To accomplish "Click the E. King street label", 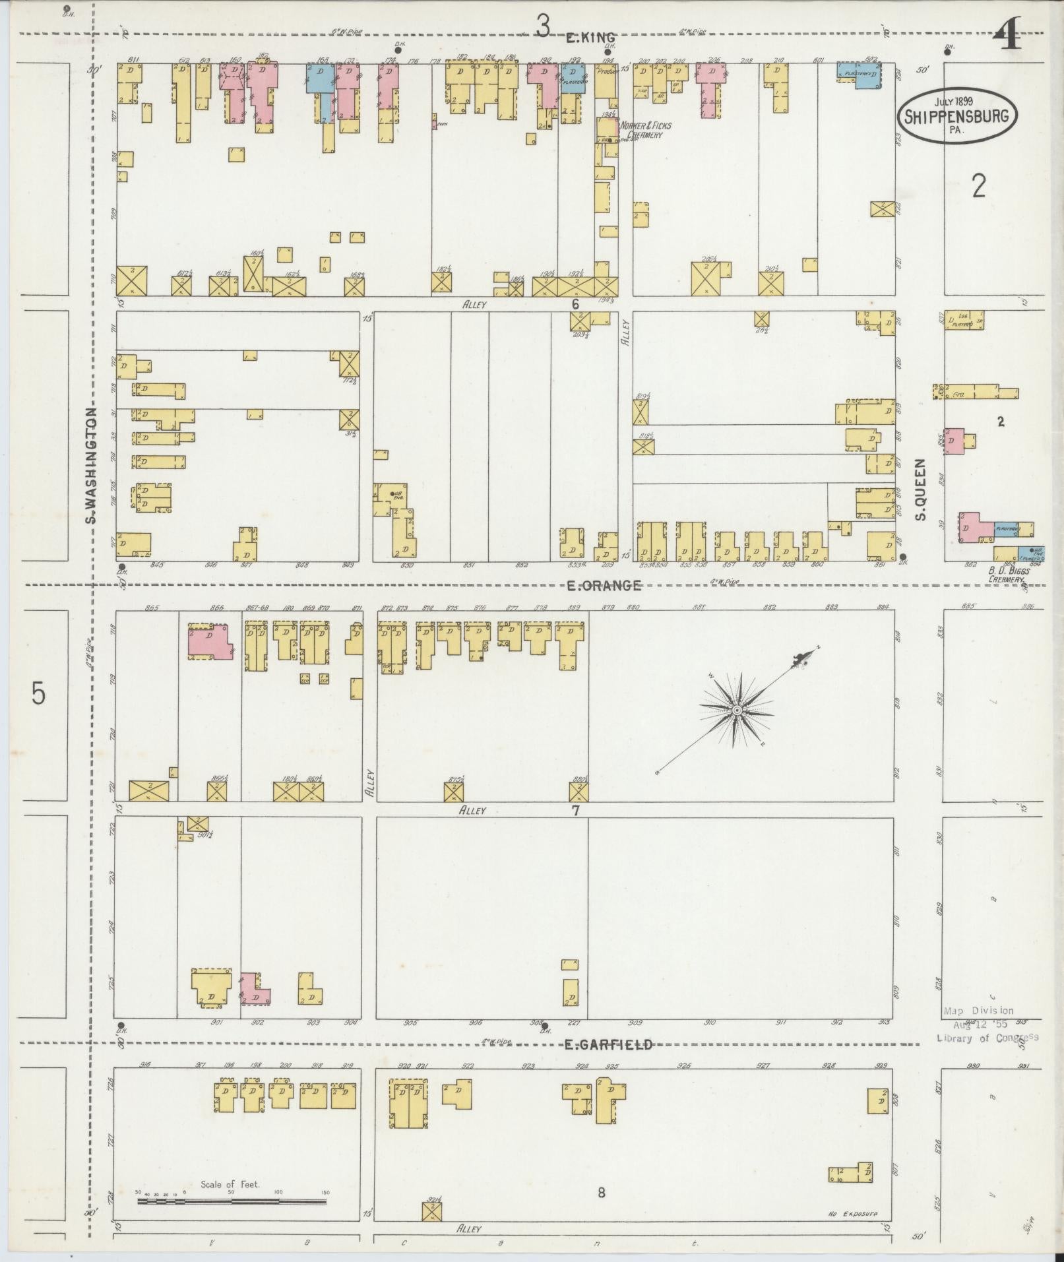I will (591, 38).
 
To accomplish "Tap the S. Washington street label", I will (92, 465).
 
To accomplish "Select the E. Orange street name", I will (604, 585).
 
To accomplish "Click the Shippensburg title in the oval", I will (956, 116).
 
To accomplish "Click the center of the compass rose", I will (735, 710).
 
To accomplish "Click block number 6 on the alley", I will (575, 304).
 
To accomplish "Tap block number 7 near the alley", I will (575, 810).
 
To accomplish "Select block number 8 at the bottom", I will (601, 1192).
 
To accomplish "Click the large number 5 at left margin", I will (38, 694).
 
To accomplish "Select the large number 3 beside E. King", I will (542, 27).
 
